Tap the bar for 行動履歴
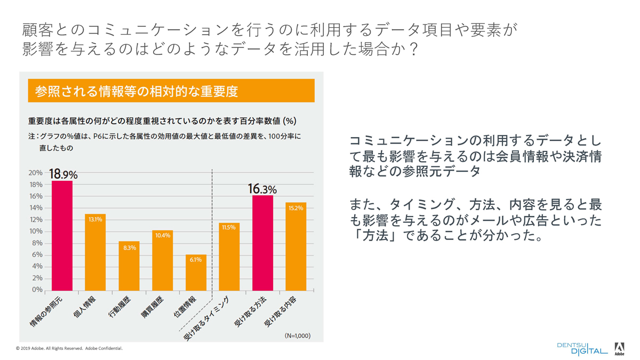pos(129,266)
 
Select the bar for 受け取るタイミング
pos(229,257)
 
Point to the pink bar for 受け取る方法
pos(262,243)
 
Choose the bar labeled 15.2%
pos(295,246)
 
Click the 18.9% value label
pos(63,174)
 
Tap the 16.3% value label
pos(262,189)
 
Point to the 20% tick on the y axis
pos(35,173)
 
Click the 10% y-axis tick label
pos(35,231)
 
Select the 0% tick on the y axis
pos(37,290)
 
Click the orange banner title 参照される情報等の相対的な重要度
pos(137,91)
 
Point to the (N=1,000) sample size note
pos(297,335)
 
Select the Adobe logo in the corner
pos(619,349)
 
